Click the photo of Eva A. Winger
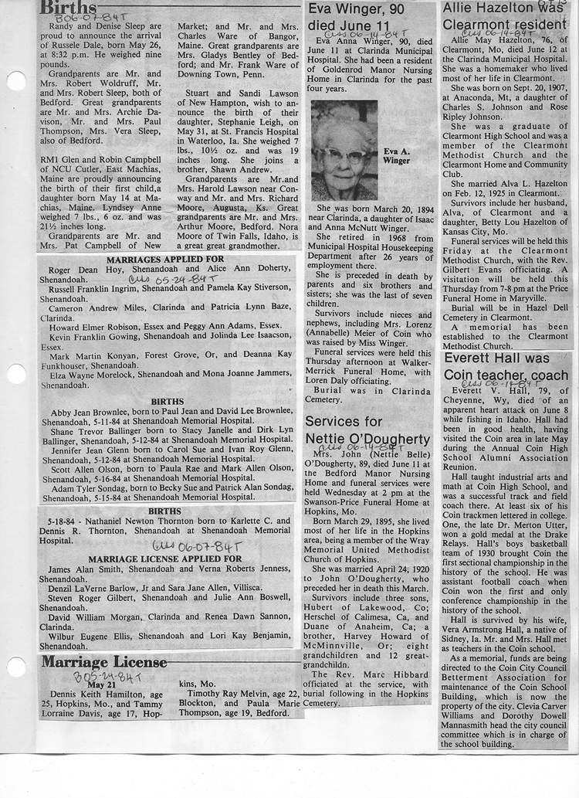344,150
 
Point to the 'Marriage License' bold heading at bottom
104,662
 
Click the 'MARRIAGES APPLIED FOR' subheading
165,260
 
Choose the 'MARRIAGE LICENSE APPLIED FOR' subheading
165,558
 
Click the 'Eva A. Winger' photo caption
397,157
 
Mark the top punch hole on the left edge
15,80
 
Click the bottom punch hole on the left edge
15,666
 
